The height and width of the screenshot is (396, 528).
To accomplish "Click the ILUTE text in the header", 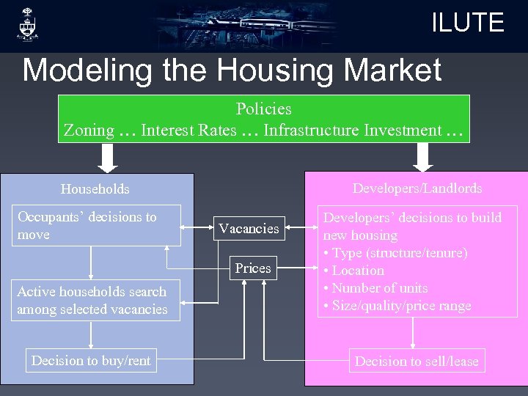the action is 467,23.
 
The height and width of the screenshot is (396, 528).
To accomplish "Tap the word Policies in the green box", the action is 264,109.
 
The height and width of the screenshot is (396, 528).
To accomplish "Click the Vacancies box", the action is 249,229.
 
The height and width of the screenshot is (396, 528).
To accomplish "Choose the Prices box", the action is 253,268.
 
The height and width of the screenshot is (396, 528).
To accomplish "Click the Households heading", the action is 95,189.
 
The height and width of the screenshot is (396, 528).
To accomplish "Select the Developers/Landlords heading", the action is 417,188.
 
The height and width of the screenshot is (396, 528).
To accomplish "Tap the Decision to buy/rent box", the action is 91,360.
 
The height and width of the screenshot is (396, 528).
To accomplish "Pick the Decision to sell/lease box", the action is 416,361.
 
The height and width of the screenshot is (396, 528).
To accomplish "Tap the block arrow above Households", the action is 109,157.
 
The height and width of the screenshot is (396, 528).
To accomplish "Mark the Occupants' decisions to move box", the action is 95,225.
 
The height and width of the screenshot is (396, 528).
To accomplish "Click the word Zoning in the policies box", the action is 89,131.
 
